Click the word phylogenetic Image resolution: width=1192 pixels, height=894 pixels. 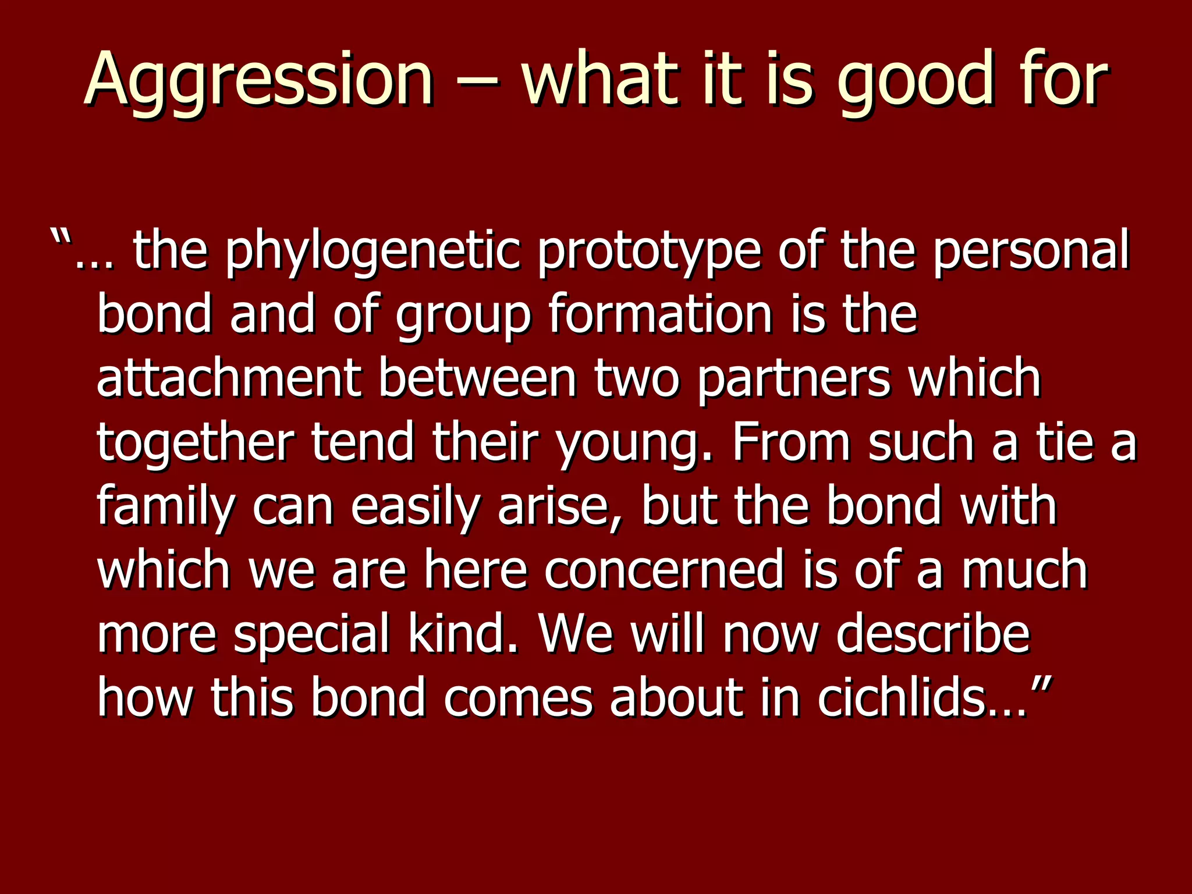tap(372, 251)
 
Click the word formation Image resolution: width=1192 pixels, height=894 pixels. tap(660, 314)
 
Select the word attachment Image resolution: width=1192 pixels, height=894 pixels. tap(228, 378)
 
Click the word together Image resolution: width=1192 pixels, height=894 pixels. tap(195, 442)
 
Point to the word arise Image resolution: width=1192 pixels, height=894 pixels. tap(559, 506)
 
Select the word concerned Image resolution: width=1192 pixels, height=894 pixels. tap(664, 570)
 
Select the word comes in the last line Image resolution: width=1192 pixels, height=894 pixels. tap(518, 698)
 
